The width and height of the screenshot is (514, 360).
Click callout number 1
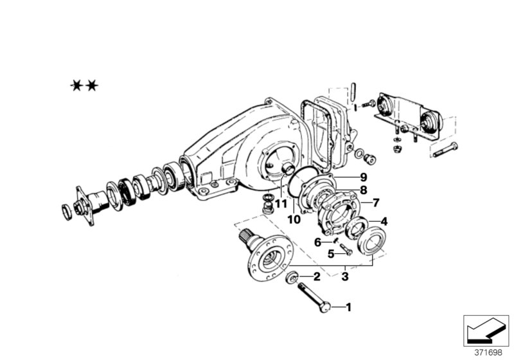[349, 307]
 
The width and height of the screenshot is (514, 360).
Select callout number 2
[316, 277]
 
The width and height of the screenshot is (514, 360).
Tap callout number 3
[345, 277]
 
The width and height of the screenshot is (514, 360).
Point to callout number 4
[384, 222]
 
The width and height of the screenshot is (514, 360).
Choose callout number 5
[331, 253]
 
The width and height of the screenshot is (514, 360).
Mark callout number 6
[317, 242]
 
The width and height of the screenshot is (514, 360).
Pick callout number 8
[363, 190]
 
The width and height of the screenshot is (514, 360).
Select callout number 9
[363, 177]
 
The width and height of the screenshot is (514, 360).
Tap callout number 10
[294, 220]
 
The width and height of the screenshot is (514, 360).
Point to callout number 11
[279, 204]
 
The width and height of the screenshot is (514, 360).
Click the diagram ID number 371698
[488, 352]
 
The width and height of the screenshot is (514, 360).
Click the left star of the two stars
[76, 85]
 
